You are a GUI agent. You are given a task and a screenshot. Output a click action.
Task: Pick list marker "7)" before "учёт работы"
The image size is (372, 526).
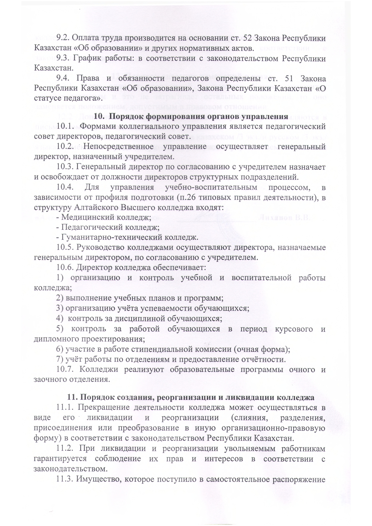coord(60,359)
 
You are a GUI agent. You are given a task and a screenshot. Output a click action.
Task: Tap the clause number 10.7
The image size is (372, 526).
coord(65,369)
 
